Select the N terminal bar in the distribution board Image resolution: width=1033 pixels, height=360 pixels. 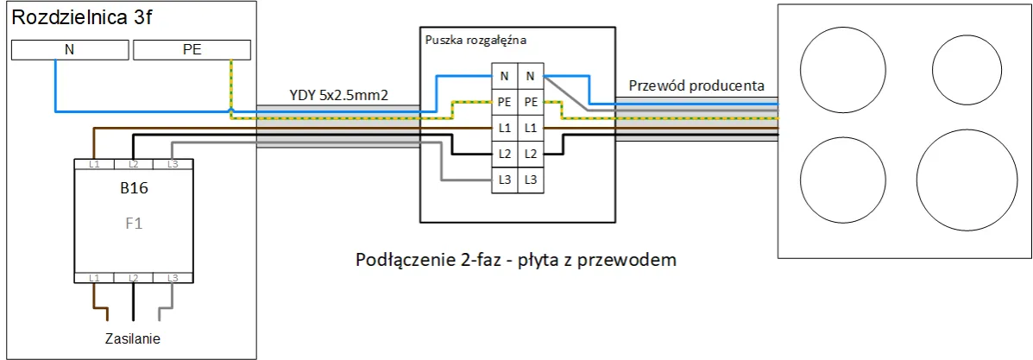pos(70,50)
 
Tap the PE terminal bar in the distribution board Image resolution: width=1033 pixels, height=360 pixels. pos(192,50)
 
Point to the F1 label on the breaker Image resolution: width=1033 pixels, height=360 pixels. pos(133,222)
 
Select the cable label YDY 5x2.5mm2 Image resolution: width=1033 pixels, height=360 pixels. pos(337,96)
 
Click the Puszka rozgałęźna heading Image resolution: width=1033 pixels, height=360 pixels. pos(476,40)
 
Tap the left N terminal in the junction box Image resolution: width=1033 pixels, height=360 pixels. pos(504,76)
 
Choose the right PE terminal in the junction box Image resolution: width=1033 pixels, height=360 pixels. pos(530,102)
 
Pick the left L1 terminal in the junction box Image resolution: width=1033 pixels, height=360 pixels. pos(504,128)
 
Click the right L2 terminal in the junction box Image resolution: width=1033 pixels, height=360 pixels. pos(530,154)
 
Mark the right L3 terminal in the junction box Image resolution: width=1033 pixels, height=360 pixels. pos(530,180)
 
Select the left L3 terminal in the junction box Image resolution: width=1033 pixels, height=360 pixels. pos(504,180)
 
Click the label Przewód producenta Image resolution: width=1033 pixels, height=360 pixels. pos(696,85)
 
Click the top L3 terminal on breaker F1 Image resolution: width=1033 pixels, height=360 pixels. pos(172,163)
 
